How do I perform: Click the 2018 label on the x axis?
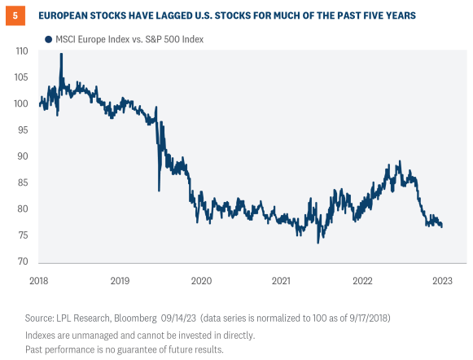coord(38,280)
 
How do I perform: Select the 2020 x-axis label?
coord(200,280)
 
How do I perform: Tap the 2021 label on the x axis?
coord(281,280)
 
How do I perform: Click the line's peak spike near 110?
coord(61,55)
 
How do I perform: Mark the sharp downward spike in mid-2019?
coord(159,190)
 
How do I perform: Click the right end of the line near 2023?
coord(442,226)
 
